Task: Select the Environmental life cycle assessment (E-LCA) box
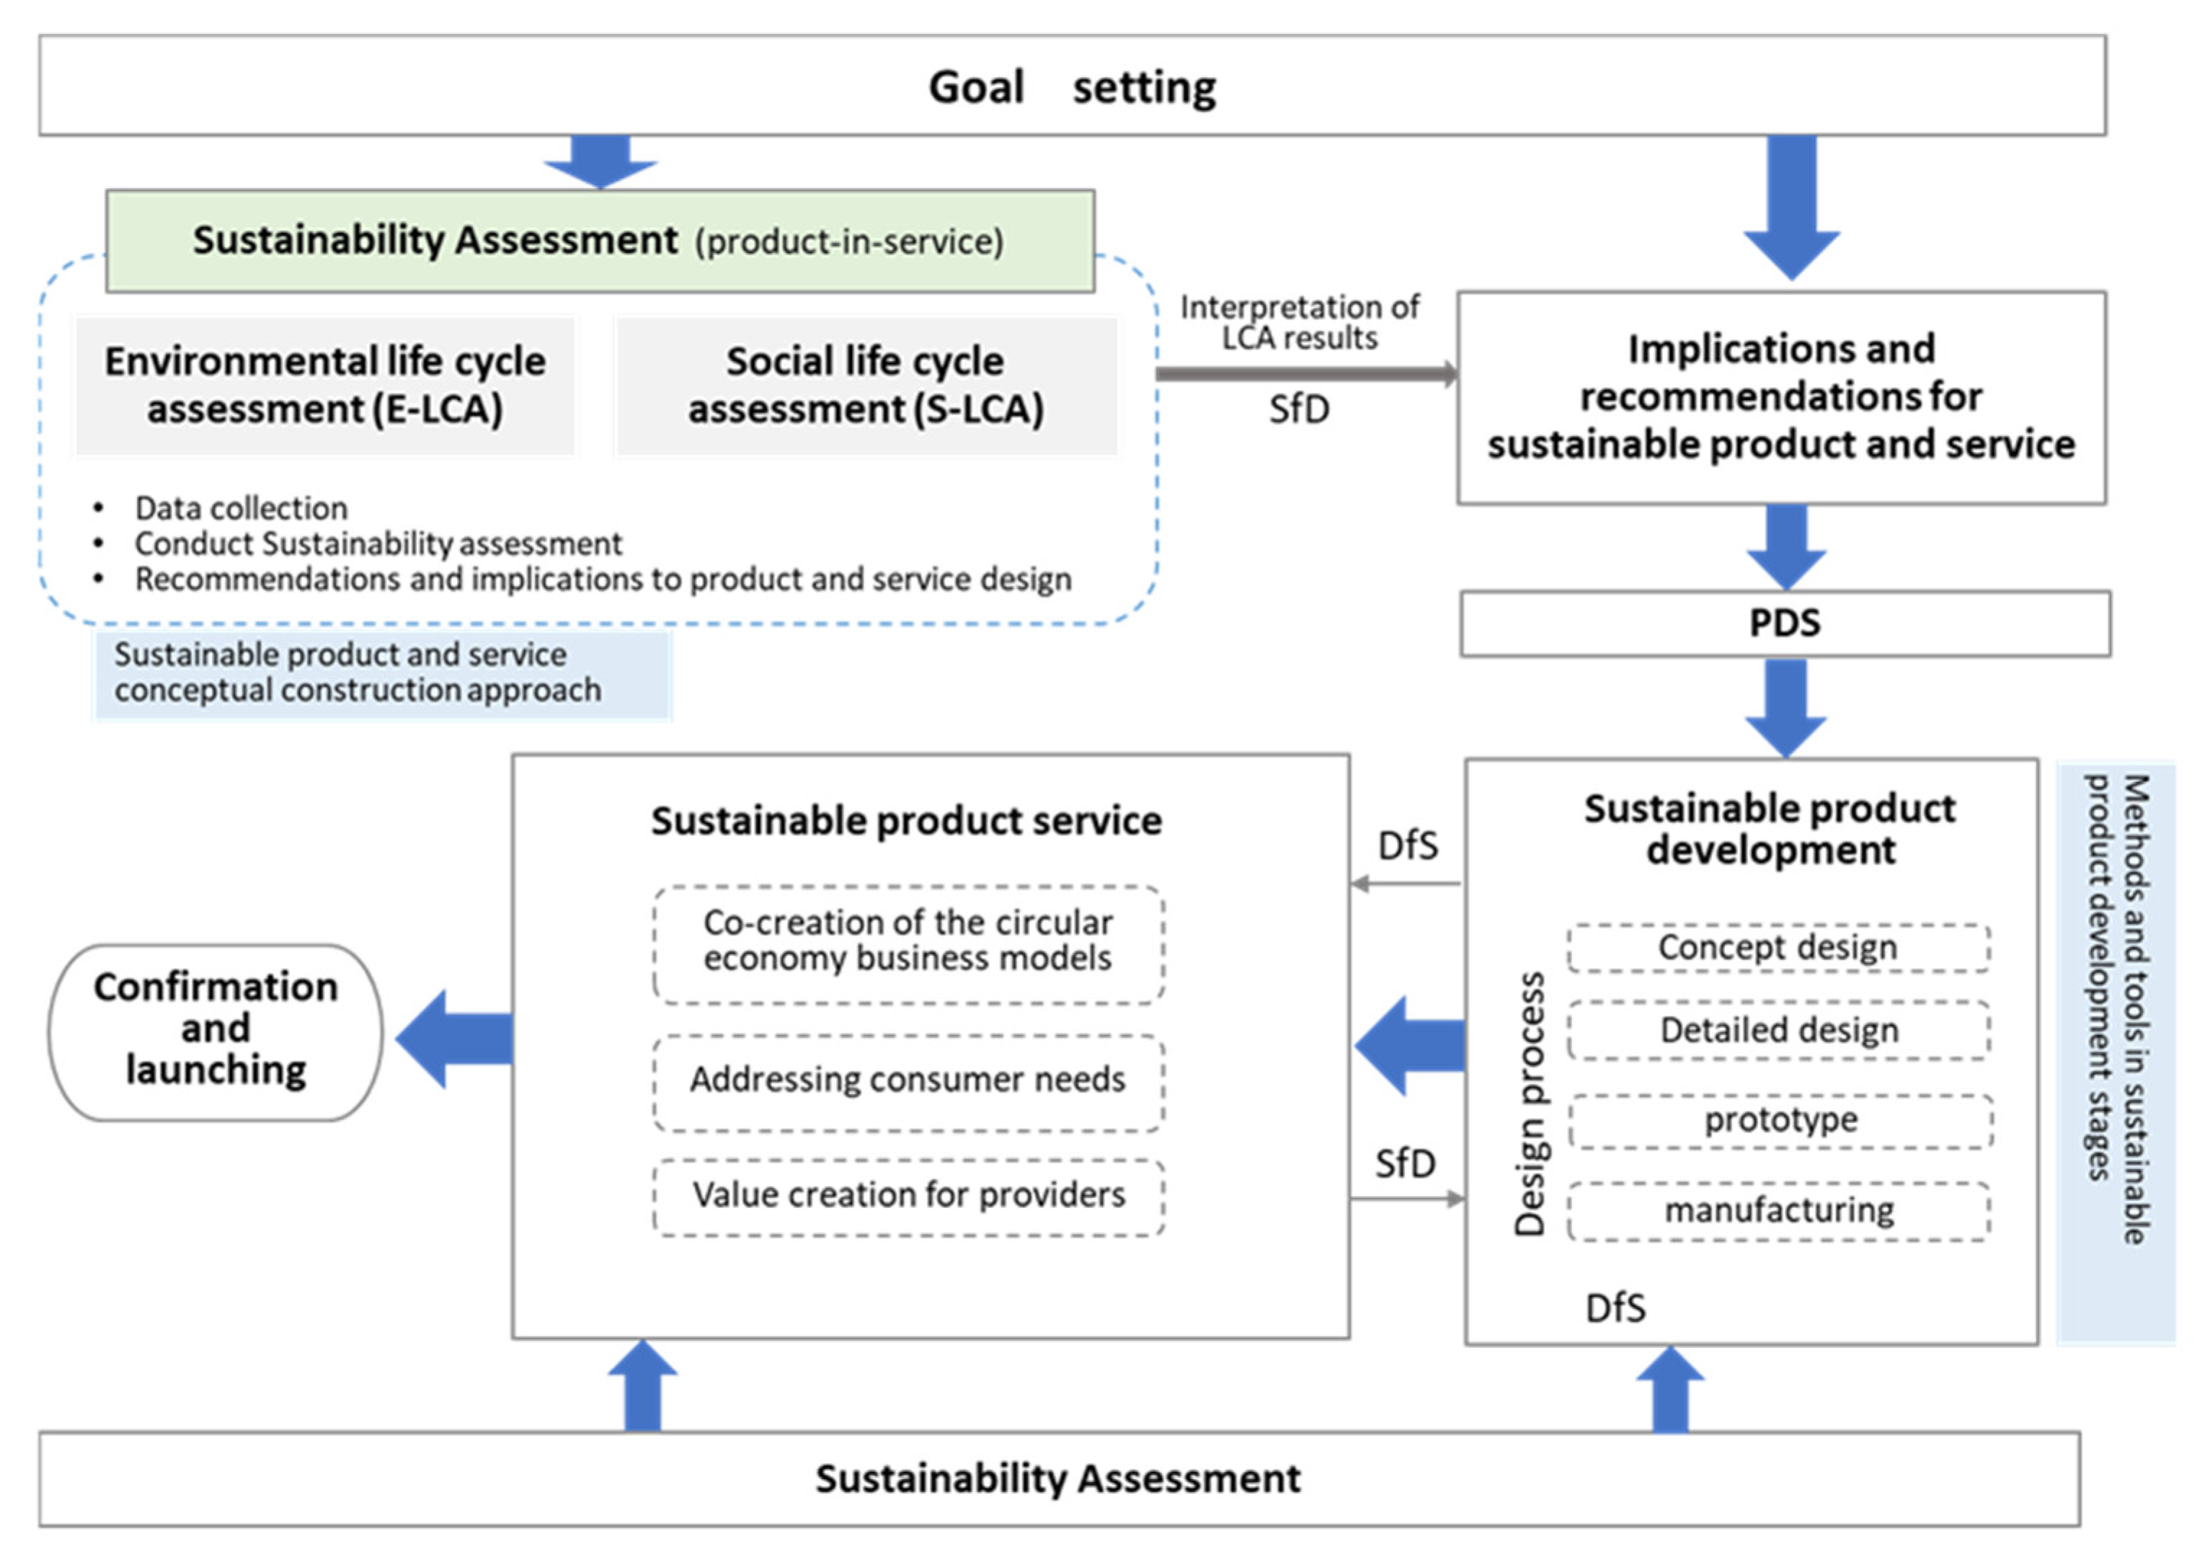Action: click(325, 385)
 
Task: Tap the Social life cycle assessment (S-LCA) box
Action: click(866, 385)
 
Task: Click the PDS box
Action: click(1784, 623)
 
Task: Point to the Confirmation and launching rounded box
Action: click(216, 1031)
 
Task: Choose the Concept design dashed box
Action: click(1778, 948)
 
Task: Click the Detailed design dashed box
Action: click(1778, 1031)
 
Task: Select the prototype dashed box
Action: click(1780, 1120)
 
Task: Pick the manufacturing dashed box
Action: click(1778, 1210)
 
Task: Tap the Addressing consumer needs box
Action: click(907, 1080)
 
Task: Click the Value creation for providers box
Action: click(907, 1196)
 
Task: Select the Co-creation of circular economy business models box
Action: click(907, 942)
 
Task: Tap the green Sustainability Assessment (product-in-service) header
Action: click(598, 240)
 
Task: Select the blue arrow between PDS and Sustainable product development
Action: click(1785, 707)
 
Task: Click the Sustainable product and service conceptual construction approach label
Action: click(357, 672)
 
